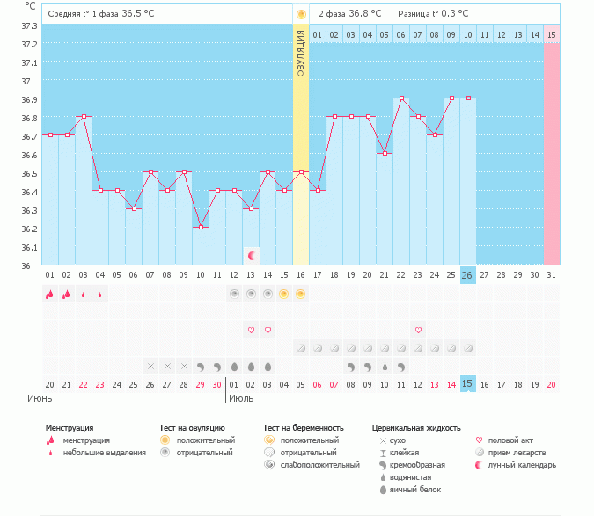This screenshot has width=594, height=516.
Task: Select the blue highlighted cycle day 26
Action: point(468,275)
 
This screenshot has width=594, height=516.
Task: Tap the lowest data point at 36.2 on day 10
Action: point(201,227)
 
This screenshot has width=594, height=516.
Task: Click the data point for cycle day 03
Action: point(84,116)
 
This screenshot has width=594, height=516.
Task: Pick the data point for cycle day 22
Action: point(401,98)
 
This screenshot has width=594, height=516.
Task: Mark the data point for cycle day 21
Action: point(385,153)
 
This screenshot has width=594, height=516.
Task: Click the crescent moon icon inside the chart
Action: point(252,256)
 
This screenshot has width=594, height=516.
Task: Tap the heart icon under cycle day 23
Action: point(418,330)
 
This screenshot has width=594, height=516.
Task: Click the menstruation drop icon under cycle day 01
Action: point(50,294)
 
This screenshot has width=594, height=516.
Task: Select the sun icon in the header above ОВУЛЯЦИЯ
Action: point(301,14)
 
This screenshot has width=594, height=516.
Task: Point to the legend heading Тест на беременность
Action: point(303,428)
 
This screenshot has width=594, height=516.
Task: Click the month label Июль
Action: point(241,398)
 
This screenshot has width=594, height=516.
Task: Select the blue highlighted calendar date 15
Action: point(468,384)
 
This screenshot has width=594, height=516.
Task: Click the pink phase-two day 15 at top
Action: point(552,35)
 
